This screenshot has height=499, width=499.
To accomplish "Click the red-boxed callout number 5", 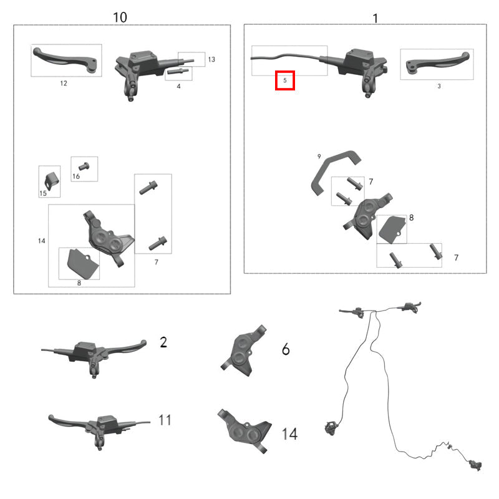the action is click(285, 80).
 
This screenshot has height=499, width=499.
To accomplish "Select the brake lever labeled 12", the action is click(65, 60).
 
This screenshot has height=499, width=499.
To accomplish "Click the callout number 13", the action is click(211, 59).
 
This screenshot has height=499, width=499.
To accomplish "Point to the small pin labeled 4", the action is click(178, 71).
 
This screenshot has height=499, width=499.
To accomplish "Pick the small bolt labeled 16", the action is click(84, 166).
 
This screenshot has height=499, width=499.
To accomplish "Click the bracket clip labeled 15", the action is click(52, 180).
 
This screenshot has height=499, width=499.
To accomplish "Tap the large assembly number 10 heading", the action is click(120, 17).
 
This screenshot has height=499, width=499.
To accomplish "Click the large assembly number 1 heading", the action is click(375, 19).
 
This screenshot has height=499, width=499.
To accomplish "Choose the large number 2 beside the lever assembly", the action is click(163, 342).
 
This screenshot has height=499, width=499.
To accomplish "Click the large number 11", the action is click(165, 420).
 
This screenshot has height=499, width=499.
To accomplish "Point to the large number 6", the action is click(286, 349).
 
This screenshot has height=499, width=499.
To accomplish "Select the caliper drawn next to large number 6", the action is click(243, 350).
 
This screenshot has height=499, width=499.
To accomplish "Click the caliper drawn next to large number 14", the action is click(245, 430).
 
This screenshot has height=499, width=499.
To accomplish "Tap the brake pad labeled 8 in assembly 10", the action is click(83, 263).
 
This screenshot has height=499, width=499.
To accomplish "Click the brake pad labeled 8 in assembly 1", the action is click(392, 230).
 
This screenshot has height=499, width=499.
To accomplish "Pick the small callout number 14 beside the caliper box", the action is click(42, 241).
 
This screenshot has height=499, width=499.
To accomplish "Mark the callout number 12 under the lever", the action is click(64, 84).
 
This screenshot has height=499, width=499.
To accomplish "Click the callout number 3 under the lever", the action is click(439, 86).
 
